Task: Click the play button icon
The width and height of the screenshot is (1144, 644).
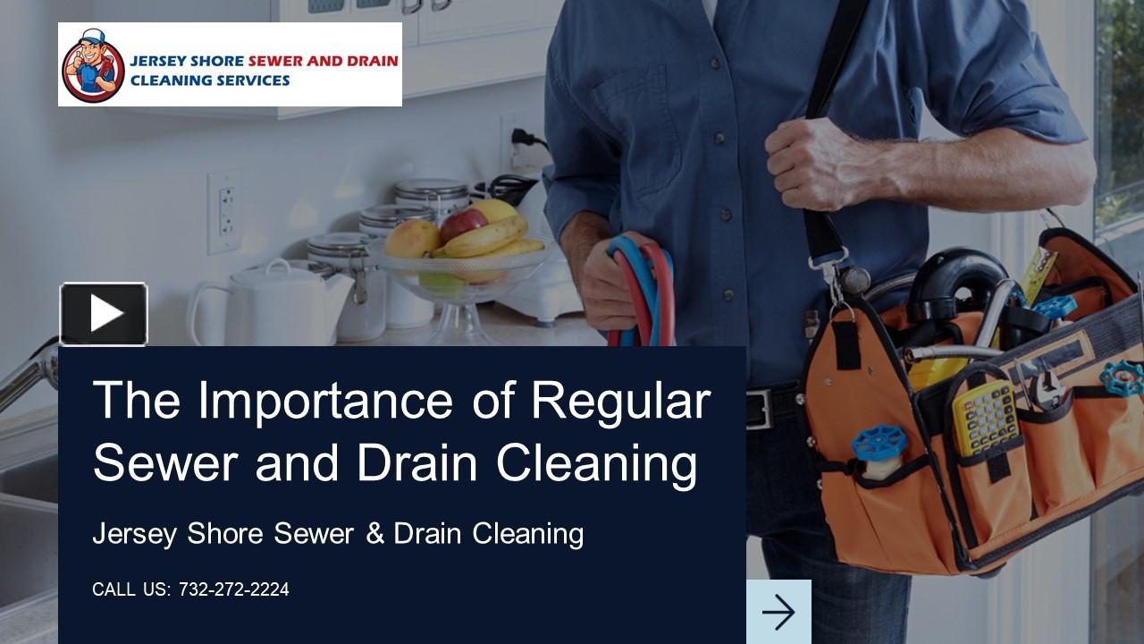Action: click(104, 314)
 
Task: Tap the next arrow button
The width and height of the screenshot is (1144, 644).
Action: click(778, 612)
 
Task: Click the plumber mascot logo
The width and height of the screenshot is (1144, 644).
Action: click(93, 65)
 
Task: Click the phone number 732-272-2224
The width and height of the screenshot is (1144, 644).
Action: click(234, 589)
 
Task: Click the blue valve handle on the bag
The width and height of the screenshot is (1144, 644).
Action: click(879, 443)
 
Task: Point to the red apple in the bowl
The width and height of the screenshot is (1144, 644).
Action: click(463, 224)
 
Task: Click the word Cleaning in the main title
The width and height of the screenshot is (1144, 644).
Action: click(596, 463)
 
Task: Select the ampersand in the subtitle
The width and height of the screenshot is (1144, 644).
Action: click(375, 534)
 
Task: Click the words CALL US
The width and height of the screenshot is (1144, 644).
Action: click(130, 589)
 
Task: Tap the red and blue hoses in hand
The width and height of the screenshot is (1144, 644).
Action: click(640, 286)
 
